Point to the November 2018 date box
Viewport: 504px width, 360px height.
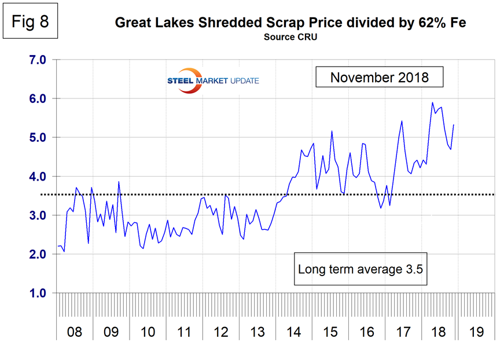379,77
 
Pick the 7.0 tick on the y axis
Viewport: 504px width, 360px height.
34,60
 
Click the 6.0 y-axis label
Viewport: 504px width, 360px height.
34,99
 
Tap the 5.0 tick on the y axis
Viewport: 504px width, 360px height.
34,138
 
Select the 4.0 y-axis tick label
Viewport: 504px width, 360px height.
34,177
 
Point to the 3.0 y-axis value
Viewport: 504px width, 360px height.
34,215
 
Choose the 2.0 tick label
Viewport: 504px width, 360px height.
34,254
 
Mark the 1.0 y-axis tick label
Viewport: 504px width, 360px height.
34,293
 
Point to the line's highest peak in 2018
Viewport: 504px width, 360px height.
432,102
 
